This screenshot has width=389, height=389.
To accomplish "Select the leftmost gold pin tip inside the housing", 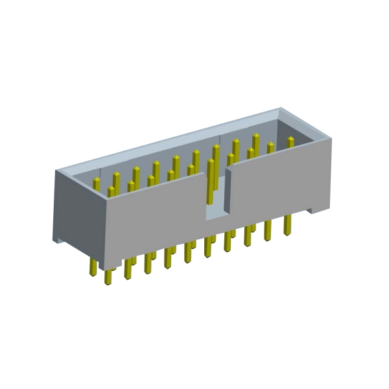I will coord(96,183).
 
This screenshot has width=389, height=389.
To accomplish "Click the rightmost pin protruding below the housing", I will coord(287,226).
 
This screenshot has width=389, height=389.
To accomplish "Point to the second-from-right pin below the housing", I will coord(267,231).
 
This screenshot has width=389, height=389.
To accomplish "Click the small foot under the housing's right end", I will coord(314,209).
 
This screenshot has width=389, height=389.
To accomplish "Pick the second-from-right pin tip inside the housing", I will coord(270,148).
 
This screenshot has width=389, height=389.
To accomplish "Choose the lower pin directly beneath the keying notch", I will coord(208,247).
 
